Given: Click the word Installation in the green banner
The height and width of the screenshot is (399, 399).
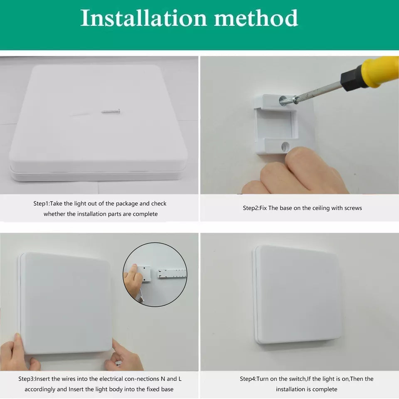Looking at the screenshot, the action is [143, 18].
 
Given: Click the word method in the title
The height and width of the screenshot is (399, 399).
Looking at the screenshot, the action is [256, 18].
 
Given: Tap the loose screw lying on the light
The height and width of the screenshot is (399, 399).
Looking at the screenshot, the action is [111, 111].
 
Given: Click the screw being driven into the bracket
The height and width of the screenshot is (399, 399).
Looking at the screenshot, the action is [288, 100].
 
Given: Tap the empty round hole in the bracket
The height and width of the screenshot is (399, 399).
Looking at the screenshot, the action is [285, 146].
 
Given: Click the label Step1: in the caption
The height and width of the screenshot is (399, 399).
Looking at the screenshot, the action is [42, 204].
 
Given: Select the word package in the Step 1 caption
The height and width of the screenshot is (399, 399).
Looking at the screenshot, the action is [126, 204].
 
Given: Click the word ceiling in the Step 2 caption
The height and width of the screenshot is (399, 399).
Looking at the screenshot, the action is [319, 208].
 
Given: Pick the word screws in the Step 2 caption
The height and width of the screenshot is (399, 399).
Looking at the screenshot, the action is [353, 208].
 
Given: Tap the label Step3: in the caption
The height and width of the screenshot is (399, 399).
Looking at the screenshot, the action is [26, 379].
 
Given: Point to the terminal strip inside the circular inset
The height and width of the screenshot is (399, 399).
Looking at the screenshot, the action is [172, 273].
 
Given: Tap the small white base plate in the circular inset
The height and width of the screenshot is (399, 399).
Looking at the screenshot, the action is [143, 274].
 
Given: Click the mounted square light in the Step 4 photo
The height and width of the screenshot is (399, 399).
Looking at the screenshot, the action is [296, 295].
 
